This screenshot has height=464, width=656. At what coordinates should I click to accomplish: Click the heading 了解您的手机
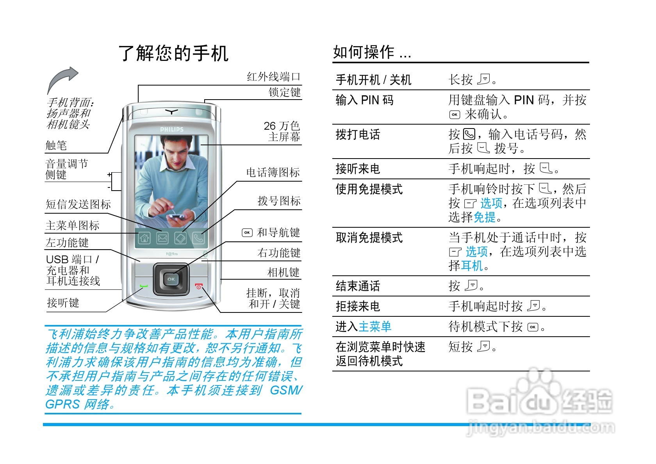point(173,53)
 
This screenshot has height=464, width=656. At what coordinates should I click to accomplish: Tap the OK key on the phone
point(171,279)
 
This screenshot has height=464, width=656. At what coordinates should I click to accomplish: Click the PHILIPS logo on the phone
point(171,129)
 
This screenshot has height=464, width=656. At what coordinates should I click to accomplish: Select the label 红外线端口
point(273,77)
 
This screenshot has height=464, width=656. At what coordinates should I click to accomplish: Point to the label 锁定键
point(285,93)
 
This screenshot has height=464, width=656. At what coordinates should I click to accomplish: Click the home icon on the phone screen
point(144,237)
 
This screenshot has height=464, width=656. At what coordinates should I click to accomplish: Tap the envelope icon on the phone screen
point(162,237)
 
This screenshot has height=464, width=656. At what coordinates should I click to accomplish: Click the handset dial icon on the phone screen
point(198,237)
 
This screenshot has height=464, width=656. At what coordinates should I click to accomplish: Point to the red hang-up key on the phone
point(199,287)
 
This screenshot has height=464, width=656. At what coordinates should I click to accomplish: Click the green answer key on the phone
point(144,287)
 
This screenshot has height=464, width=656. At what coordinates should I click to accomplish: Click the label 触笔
point(56,146)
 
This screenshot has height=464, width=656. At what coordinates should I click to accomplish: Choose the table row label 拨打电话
point(358,135)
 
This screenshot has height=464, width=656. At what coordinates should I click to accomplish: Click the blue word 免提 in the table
point(484,217)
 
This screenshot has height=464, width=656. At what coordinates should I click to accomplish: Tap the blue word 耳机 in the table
point(472,266)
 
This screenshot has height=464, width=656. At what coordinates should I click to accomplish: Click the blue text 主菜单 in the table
point(375,327)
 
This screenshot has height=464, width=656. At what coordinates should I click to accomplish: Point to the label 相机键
point(283,273)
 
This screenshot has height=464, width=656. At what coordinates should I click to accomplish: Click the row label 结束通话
point(358,286)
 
